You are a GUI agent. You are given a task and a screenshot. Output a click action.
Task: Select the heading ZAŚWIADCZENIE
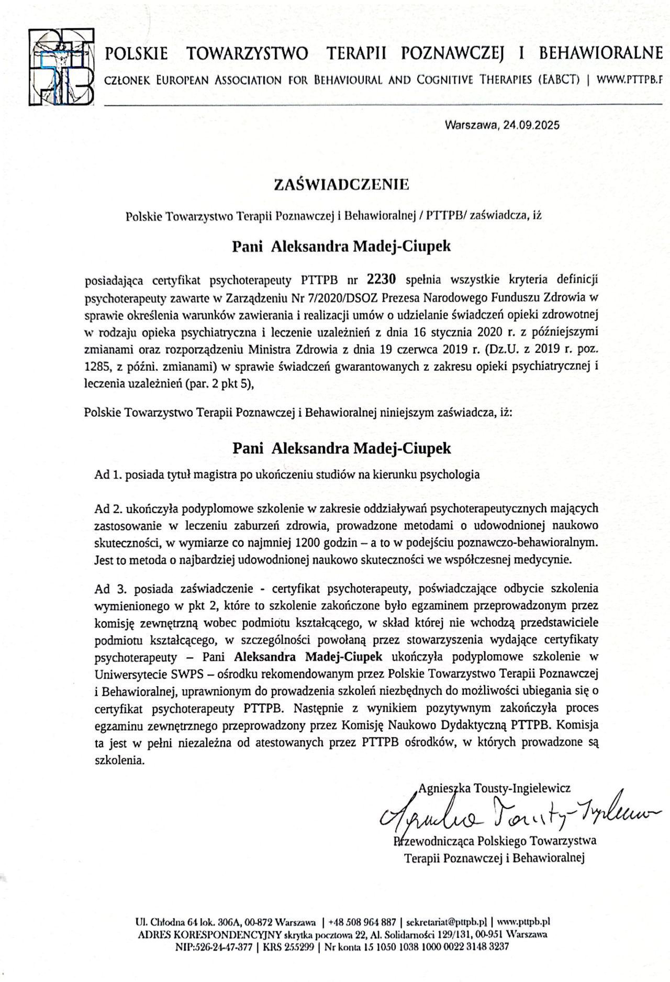tap(341, 184)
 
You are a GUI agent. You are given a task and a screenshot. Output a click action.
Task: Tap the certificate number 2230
tap(382, 279)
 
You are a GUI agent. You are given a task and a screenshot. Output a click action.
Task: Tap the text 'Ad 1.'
tap(109, 475)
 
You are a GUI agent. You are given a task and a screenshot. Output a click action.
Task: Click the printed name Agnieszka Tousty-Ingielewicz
tap(495, 788)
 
